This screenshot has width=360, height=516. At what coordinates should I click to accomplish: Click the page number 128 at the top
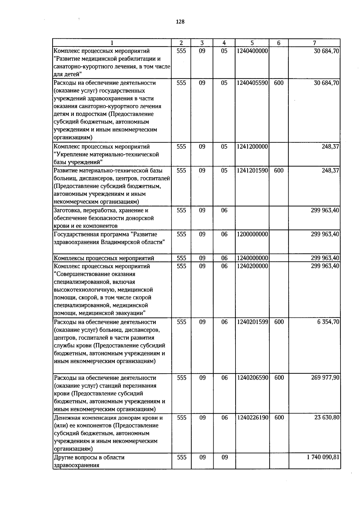point(180,22)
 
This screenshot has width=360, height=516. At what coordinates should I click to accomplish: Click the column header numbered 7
point(314,43)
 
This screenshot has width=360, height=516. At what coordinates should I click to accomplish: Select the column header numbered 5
point(252,43)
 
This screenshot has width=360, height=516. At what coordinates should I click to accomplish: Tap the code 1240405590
point(252,83)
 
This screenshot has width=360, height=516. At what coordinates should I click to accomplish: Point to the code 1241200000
point(252,147)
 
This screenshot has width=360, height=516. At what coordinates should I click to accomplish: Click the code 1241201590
point(252,171)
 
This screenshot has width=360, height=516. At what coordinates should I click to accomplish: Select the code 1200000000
point(252,234)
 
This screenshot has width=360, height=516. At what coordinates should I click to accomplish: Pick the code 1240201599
point(252,322)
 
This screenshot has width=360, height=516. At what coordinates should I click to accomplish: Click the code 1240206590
point(252,378)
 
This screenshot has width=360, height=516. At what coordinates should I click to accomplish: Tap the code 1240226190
point(252,418)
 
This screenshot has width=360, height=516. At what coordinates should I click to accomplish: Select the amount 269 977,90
point(325,378)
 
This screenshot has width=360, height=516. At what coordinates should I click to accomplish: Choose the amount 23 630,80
point(327,418)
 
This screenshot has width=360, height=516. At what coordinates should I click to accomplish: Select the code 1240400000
point(252,51)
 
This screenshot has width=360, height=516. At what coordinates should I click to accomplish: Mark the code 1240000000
point(252,258)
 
